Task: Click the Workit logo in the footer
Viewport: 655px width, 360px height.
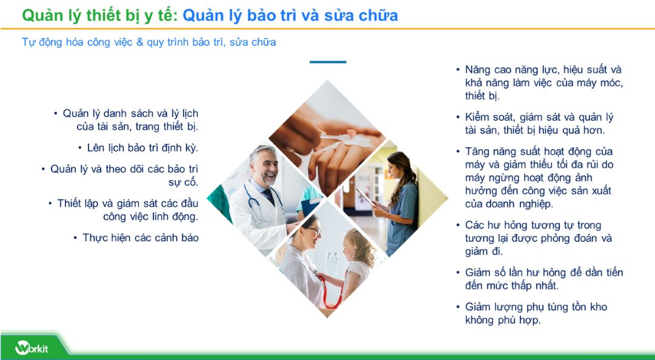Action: (x=32, y=348)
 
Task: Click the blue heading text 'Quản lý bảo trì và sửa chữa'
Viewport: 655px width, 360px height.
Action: (x=290, y=15)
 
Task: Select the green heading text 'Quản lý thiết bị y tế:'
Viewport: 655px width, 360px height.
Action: (x=100, y=15)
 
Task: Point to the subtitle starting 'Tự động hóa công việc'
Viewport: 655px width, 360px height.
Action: (x=149, y=42)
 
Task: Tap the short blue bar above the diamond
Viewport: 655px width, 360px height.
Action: (x=328, y=62)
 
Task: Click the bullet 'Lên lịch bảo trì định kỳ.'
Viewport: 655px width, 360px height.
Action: (x=142, y=148)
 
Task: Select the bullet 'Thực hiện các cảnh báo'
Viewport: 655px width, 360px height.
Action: (x=140, y=238)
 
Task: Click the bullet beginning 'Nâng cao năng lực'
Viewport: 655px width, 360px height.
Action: (x=542, y=82)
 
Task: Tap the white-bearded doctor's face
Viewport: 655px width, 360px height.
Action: (x=265, y=164)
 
